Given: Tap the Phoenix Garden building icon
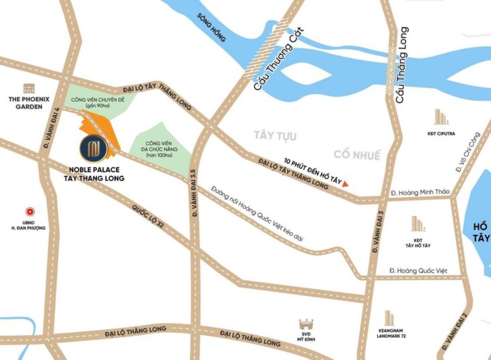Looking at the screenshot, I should click(29, 88).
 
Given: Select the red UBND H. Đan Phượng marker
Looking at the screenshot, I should click(29, 211).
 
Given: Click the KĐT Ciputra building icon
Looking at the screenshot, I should click(441, 117).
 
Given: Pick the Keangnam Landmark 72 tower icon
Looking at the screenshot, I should click(389, 318).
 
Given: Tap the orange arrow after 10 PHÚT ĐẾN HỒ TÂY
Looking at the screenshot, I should click(346, 183).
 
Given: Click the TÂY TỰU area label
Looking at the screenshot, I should click(275, 136).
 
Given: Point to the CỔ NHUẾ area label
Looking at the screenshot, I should click(356, 155).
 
